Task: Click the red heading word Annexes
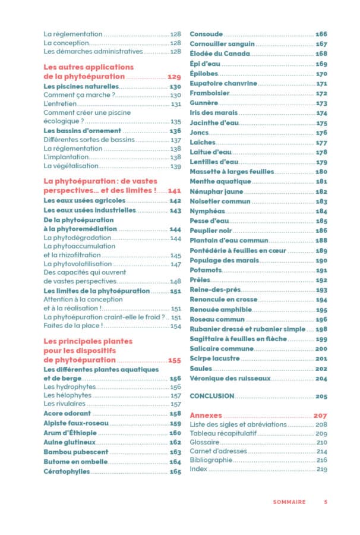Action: pos(206,416)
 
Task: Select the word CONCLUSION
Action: pos(211,396)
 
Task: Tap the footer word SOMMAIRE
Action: pos(289,502)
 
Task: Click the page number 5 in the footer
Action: pos(326,502)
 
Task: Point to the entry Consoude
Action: pos(206,34)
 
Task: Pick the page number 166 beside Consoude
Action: pos(321,34)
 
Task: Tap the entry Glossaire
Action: pos(206,442)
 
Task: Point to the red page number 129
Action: pos(174,77)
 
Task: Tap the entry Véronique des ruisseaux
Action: pos(230,378)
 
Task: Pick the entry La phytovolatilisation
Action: pos(77,264)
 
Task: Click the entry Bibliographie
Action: pos(210,460)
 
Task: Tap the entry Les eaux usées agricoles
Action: pos(84,201)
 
